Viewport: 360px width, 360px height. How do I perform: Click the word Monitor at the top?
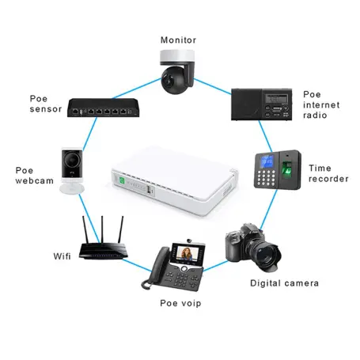(x=178, y=40)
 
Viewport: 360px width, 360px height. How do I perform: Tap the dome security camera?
(x=176, y=72)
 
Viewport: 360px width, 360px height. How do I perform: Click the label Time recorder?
(x=328, y=173)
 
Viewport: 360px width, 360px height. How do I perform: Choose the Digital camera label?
(x=284, y=282)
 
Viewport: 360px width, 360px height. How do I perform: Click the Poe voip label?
(x=180, y=303)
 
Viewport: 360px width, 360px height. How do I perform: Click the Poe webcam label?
(x=33, y=175)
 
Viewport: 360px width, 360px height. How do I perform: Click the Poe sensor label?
(x=45, y=104)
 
